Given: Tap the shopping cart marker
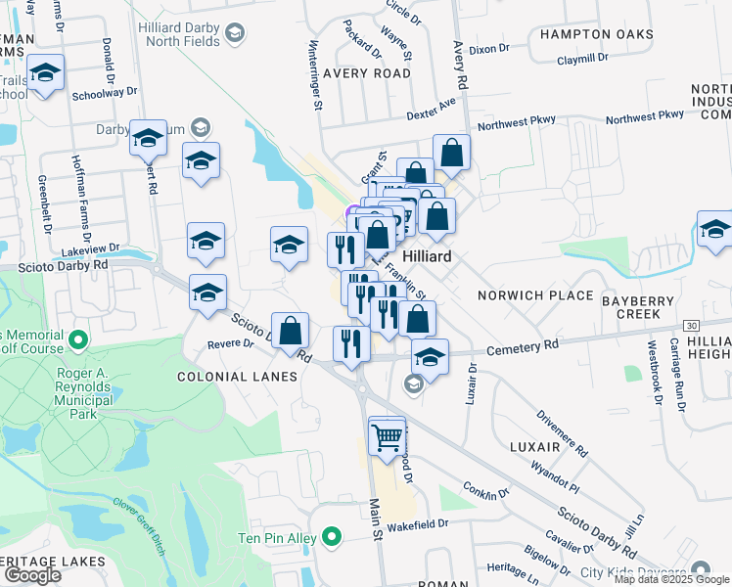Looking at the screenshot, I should tap(388, 435).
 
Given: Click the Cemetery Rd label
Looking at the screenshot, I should tap(524, 344).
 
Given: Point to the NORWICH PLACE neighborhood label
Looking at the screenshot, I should tap(535, 294).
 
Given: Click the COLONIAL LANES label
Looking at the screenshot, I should tap(236, 377).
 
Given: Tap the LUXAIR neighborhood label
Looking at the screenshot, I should tap(534, 446).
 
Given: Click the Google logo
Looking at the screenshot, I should tap(32, 574).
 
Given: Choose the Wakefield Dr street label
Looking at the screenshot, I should tap(416, 523).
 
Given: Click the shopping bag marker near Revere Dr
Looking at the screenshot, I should tap(291, 331).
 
